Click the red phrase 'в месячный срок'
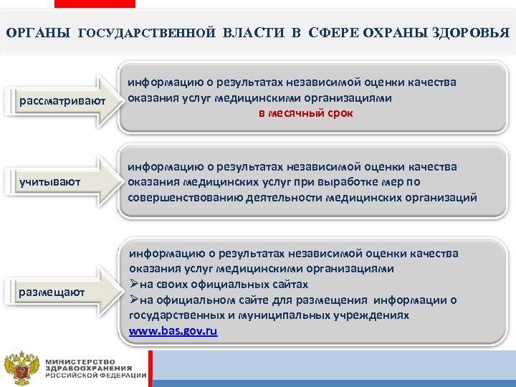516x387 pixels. click(x=306, y=114)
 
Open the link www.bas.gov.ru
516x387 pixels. click(x=173, y=331)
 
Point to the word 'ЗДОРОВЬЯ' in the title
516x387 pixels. click(x=472, y=33)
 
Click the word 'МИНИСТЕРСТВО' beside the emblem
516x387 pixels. click(x=80, y=360)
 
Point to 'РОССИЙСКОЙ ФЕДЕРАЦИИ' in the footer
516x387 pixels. click(x=95, y=376)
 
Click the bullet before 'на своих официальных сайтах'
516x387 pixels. click(x=133, y=285)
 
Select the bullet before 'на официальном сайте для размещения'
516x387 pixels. click(x=133, y=300)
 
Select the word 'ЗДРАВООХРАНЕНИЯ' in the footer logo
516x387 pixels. click(x=83, y=368)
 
